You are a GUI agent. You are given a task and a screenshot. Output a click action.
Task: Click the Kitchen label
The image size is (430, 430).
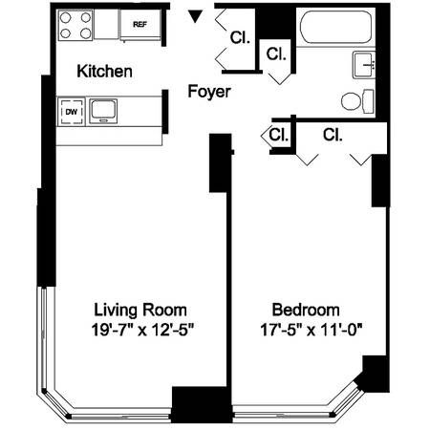tap(104, 72)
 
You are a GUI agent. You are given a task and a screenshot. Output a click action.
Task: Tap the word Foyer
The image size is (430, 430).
tap(207, 93)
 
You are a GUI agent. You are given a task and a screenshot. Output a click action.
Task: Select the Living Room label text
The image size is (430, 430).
tap(140, 310)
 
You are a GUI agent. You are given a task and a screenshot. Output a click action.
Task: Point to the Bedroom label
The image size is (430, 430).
tap(306, 310)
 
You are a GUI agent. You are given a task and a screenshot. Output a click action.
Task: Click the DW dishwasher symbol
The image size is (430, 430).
tap(71, 112)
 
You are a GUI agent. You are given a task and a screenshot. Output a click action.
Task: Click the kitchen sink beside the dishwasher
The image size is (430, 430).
tap(100, 112)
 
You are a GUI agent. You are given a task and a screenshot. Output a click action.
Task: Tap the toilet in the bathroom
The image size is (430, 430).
tap(354, 99)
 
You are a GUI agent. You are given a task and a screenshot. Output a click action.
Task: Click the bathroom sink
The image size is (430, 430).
tap(364, 65)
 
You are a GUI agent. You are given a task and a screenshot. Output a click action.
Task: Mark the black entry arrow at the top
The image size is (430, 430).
tap(195, 16)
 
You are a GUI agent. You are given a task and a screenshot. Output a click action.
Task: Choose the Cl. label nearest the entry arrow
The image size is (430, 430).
tap(239, 38)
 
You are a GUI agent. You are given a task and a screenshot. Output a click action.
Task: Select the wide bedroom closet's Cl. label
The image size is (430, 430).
tap(333, 135)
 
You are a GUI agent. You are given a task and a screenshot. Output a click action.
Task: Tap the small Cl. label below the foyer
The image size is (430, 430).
tap(278, 135)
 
